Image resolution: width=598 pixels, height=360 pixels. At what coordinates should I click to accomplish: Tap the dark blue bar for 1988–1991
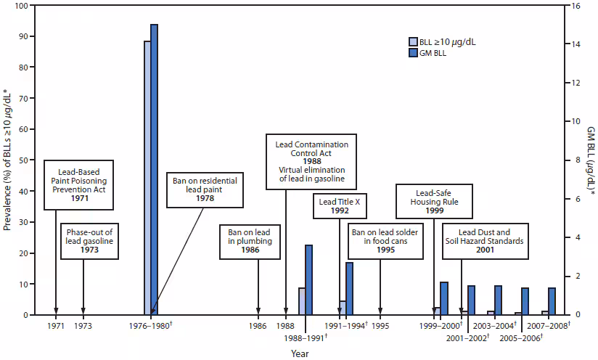click(308, 279)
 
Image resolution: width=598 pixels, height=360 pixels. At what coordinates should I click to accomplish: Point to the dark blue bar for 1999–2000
click(443, 298)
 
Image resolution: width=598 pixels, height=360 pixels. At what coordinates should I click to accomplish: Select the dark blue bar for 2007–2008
click(552, 301)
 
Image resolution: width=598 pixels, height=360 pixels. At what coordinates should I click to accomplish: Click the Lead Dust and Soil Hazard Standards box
click(486, 240)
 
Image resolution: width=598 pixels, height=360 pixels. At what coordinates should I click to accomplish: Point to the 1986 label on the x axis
click(258, 327)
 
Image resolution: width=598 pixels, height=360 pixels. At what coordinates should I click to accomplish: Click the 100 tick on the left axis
click(22, 6)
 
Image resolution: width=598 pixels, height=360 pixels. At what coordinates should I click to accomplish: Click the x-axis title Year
click(300, 353)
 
